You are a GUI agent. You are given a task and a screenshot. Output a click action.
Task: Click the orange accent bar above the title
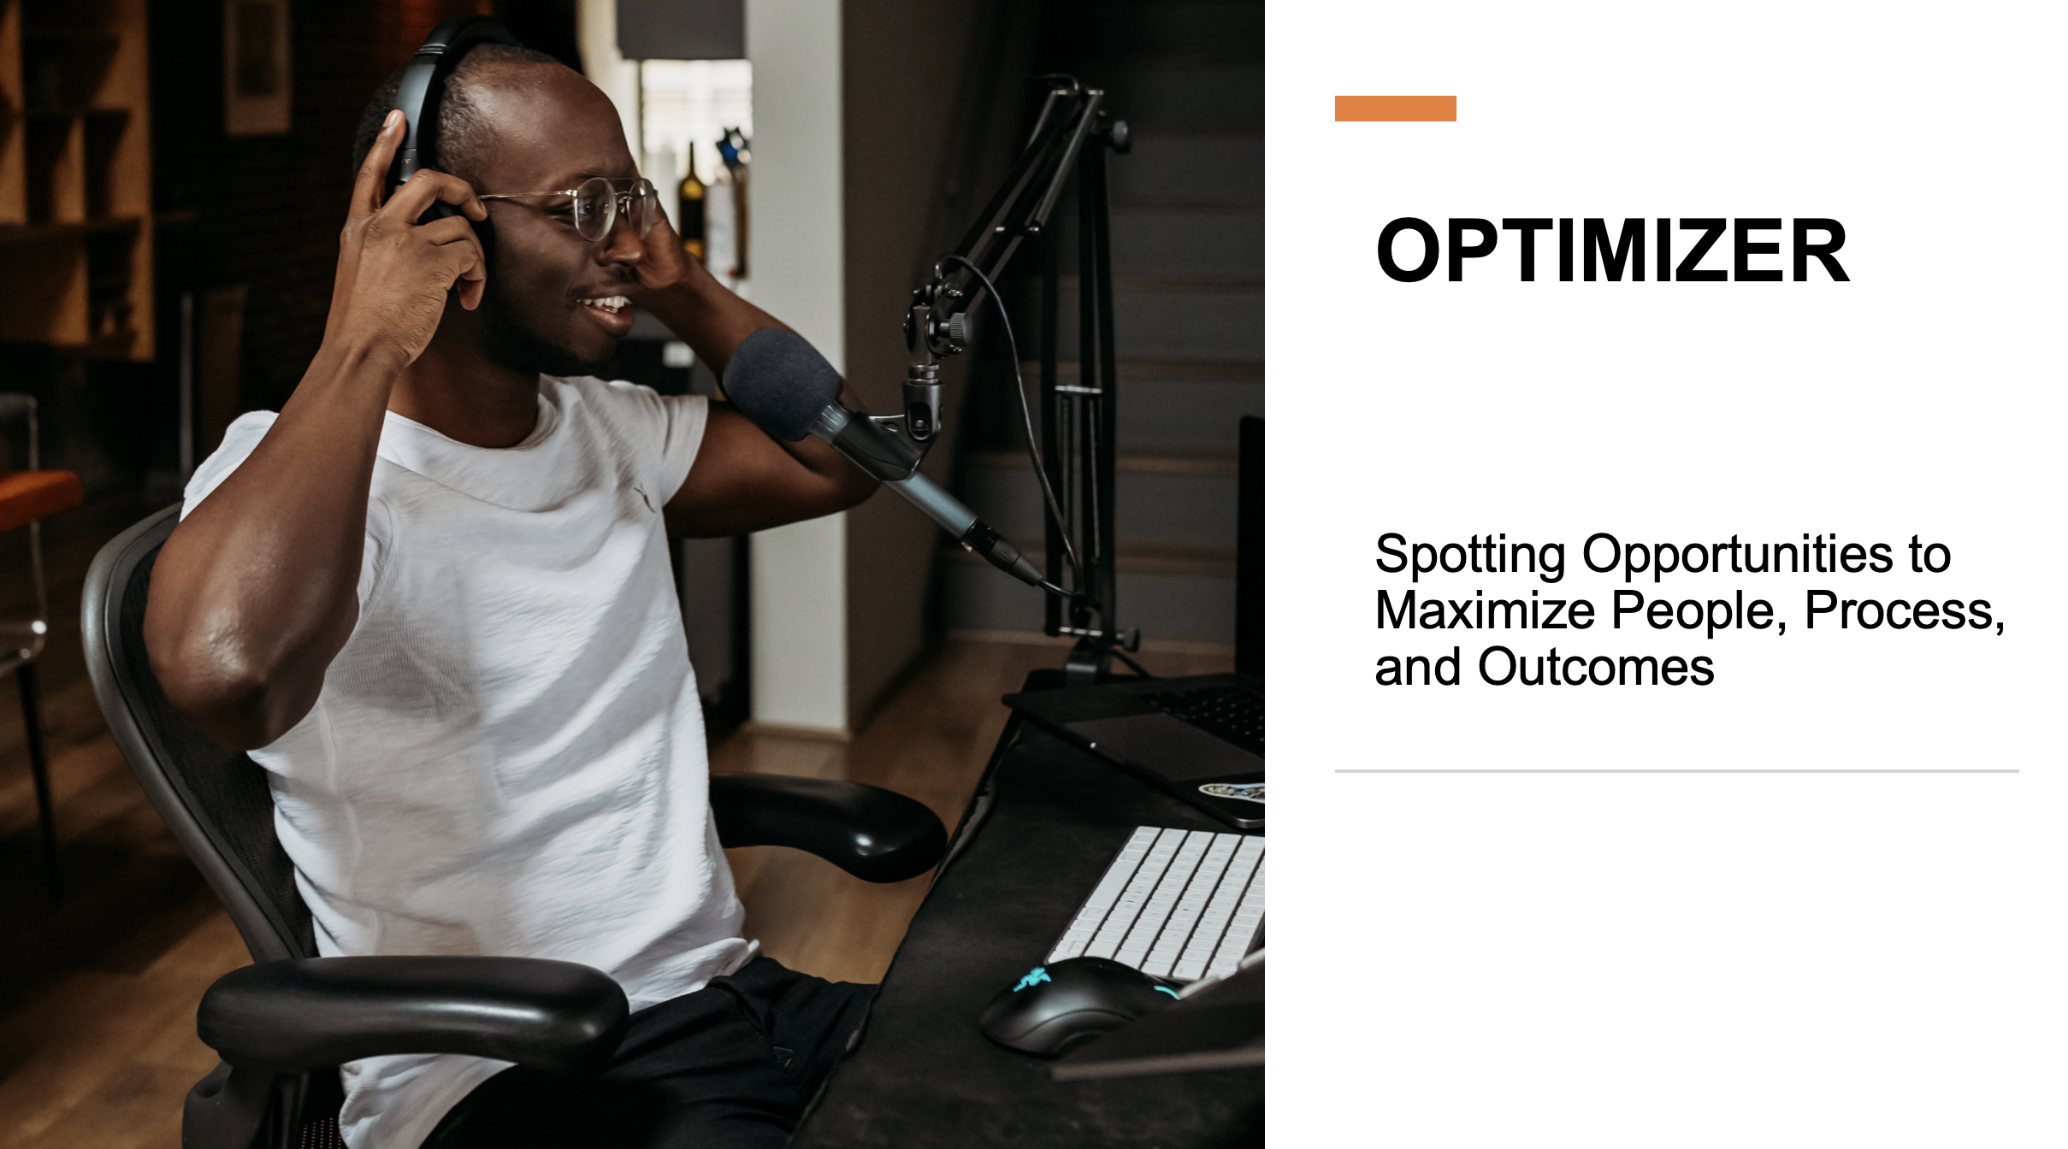[x=1395, y=109]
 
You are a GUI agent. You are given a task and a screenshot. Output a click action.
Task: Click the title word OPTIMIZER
[x=1612, y=250]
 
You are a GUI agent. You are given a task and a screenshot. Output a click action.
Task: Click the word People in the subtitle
[x=1699, y=612]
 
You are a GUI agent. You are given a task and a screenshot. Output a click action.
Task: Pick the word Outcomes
[x=1596, y=668]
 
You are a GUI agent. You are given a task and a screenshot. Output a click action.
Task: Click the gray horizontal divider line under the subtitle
[x=1676, y=771]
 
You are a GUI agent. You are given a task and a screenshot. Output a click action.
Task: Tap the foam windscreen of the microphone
[x=781, y=384]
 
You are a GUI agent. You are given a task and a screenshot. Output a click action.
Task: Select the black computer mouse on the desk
[x=1076, y=1004]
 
